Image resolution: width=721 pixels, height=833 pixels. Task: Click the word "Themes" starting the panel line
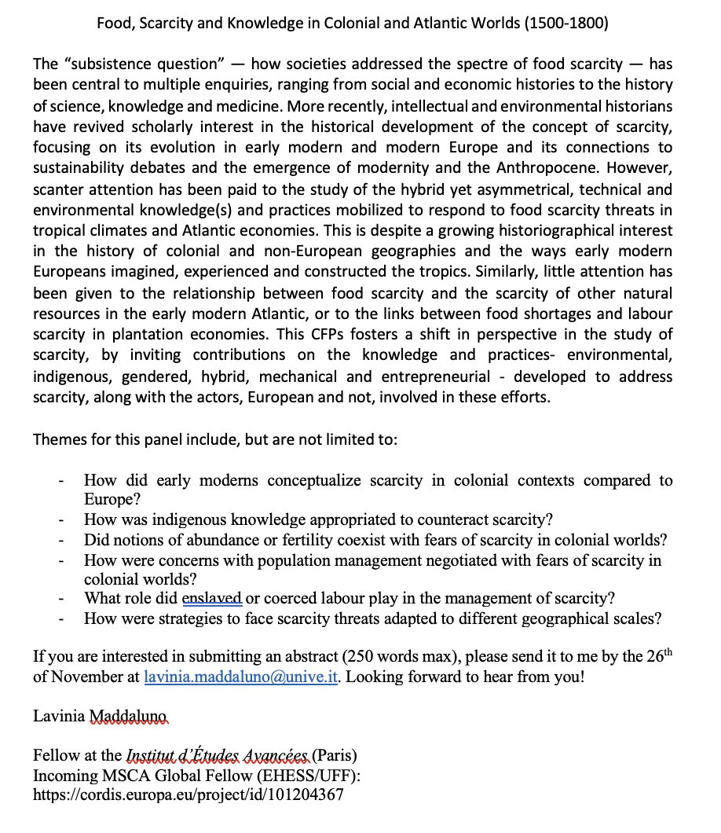60,439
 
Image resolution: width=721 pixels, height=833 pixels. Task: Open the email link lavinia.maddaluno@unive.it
240,677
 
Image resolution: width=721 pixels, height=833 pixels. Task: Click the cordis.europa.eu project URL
188,795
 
